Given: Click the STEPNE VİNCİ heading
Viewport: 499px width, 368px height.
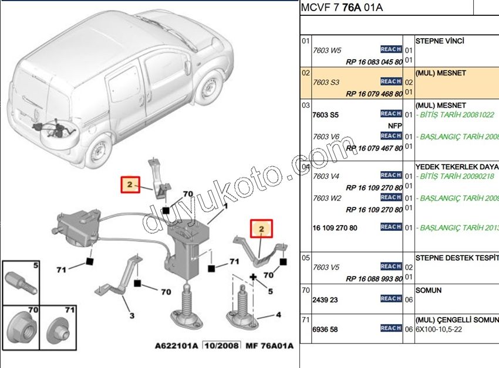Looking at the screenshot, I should click(x=440, y=41).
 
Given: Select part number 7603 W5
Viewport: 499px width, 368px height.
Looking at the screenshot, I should click(x=327, y=50).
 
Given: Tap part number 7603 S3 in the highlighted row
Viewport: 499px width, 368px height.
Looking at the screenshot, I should click(x=326, y=83).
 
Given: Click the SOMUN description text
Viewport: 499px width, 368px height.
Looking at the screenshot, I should click(x=429, y=290).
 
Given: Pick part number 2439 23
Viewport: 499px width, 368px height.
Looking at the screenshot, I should click(x=325, y=299).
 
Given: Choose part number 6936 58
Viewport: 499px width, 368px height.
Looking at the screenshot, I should click(x=325, y=329).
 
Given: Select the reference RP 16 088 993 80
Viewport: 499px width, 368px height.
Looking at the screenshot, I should click(x=374, y=278).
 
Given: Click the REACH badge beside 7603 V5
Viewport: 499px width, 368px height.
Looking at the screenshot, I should click(x=391, y=267).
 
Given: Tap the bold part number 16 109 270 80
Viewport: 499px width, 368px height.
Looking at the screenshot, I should click(x=336, y=227).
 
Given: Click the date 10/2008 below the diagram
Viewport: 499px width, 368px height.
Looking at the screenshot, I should click(x=221, y=346).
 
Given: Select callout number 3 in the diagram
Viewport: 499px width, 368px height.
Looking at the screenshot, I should click(x=132, y=316).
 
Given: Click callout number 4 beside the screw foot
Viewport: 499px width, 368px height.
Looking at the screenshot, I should click(x=278, y=315).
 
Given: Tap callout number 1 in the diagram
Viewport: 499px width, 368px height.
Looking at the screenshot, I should click(x=225, y=206).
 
